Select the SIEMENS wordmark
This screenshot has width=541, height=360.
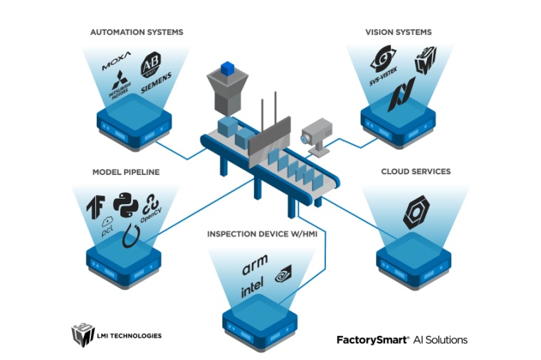[x=157, y=88]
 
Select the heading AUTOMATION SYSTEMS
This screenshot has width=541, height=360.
[x=137, y=32]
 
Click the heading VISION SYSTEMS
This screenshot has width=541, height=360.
[x=399, y=32]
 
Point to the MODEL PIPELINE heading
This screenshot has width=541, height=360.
[x=126, y=172]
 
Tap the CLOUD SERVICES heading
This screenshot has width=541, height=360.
[x=416, y=171]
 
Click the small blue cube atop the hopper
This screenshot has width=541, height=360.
[x=227, y=68]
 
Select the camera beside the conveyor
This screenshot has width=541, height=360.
[x=316, y=136]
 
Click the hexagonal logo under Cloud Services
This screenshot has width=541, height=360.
[x=416, y=213]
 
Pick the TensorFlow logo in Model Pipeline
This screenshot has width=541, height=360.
[x=98, y=204]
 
